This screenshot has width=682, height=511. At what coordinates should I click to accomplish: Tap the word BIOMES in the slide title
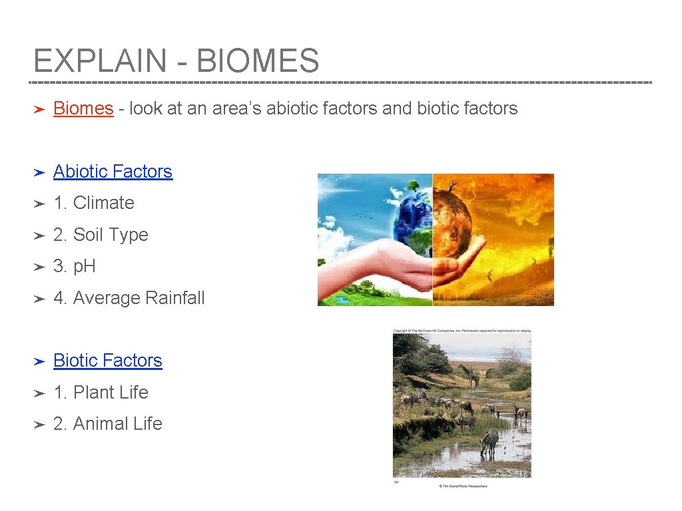(258, 61)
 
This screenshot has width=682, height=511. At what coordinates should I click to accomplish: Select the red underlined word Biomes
(83, 108)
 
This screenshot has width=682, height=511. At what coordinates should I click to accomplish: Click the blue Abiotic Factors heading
(113, 172)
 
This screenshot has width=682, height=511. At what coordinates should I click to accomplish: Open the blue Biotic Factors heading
(107, 361)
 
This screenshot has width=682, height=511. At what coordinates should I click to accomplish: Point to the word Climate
(103, 203)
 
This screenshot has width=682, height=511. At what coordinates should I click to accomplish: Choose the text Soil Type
(111, 235)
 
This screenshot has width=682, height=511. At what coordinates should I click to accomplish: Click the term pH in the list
(85, 266)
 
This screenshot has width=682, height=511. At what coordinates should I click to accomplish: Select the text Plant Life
(111, 393)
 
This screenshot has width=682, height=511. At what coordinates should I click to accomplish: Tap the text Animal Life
(117, 424)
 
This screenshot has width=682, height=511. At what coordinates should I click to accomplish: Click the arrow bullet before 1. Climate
(39, 204)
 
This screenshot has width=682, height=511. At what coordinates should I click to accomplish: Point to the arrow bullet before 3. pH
(39, 267)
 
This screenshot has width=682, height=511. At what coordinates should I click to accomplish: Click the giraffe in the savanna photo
(471, 376)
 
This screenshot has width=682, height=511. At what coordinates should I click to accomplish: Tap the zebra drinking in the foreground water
(490, 442)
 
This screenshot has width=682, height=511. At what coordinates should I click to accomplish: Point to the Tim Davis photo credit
(462, 486)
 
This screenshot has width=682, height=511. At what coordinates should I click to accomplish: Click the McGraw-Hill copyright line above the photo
(462, 331)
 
